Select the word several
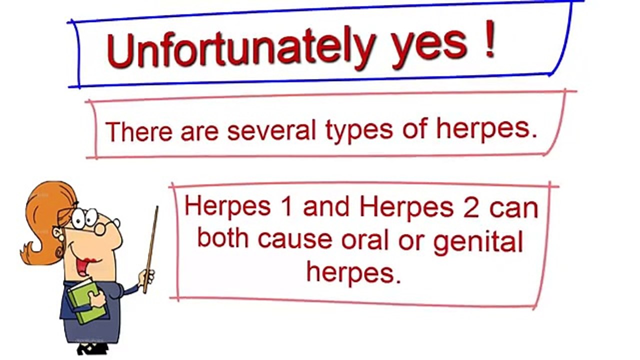tap(271, 131)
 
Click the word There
tap(138, 131)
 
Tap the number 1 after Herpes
tap(286, 207)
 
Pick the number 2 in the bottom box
tap(471, 207)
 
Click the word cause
tap(294, 240)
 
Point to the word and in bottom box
tap(325, 207)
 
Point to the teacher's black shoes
tap(92, 348)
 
